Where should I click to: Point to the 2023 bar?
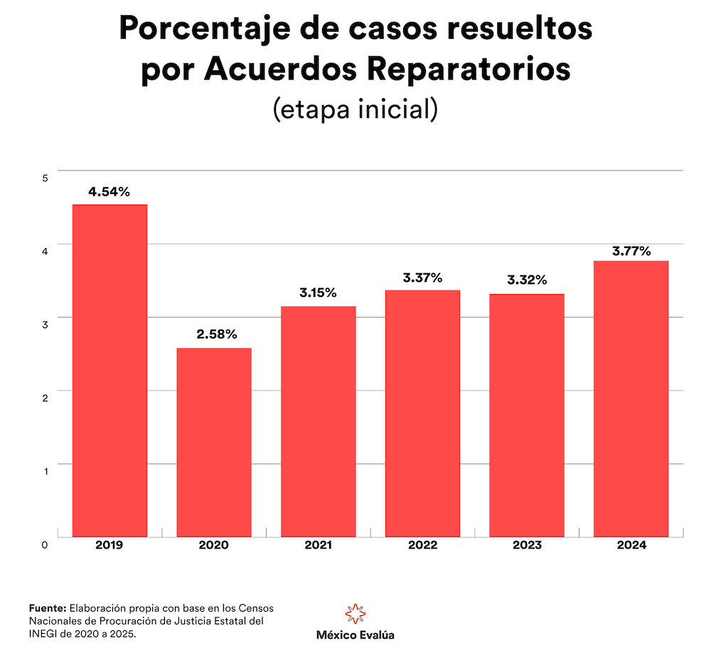(527, 415)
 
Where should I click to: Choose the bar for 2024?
(631, 399)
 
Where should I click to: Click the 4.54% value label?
(109, 192)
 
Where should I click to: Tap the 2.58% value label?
(214, 335)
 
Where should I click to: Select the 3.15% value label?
(318, 293)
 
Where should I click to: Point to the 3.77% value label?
(631, 251)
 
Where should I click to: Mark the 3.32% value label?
(527, 281)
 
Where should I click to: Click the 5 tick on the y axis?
(44, 178)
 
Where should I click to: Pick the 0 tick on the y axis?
(44, 545)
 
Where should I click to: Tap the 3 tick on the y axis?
(44, 325)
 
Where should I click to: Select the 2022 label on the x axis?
(422, 545)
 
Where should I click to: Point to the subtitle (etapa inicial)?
(355, 109)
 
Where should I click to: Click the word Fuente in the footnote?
(48, 608)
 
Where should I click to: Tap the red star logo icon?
(355, 614)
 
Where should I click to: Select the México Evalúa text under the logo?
(355, 635)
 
